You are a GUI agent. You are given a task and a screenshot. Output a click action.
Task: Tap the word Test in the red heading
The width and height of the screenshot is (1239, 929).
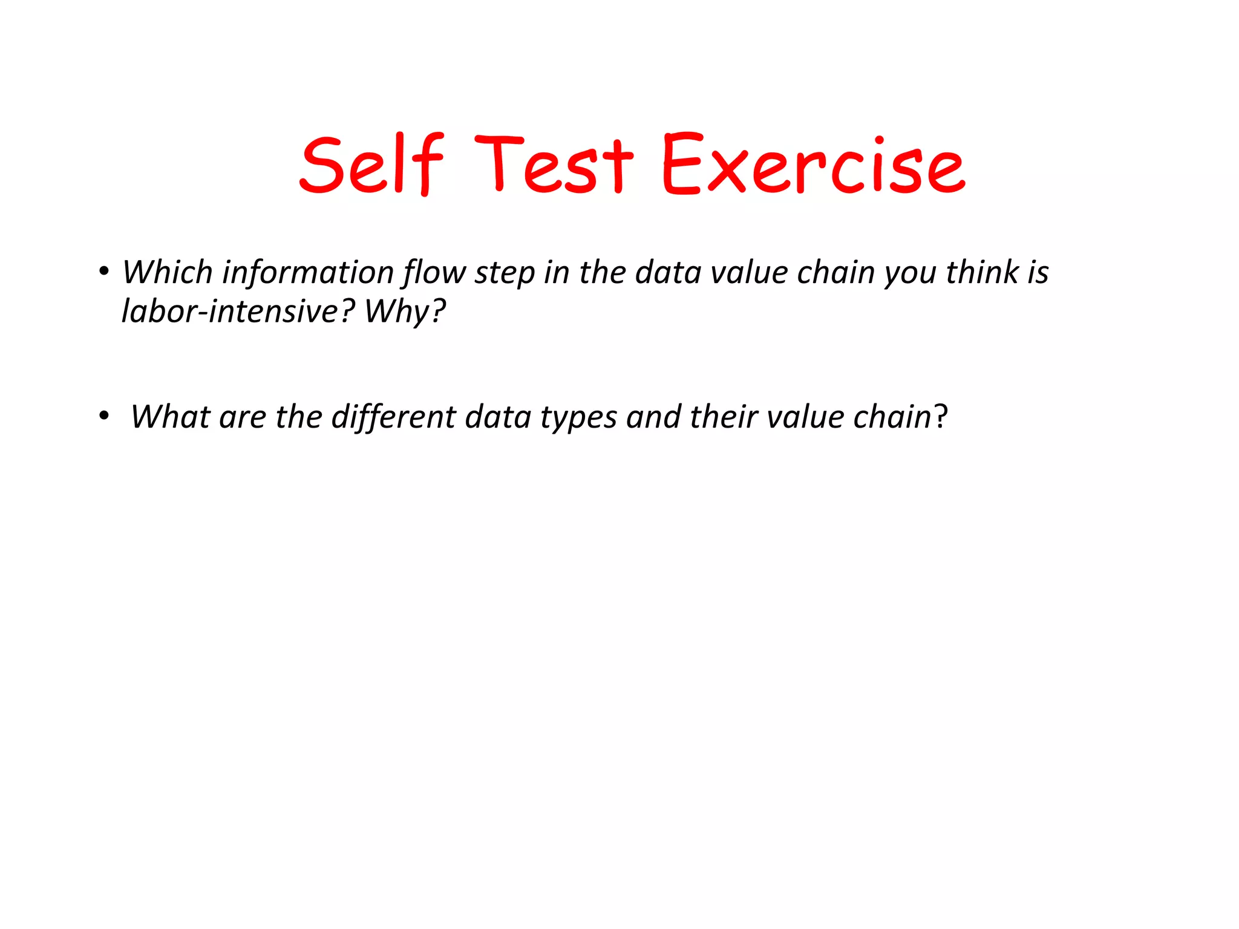(x=553, y=165)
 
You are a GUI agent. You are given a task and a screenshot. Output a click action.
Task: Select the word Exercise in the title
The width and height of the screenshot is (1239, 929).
(x=813, y=165)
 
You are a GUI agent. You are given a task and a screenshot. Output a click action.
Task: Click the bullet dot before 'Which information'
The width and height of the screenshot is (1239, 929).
(x=104, y=272)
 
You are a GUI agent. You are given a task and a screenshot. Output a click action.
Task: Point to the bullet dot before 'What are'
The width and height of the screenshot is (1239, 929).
(x=104, y=416)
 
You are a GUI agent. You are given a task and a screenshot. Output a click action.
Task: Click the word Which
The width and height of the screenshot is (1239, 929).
(x=168, y=272)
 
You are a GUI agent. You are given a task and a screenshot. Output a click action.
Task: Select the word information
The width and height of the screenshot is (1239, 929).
(x=309, y=272)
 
